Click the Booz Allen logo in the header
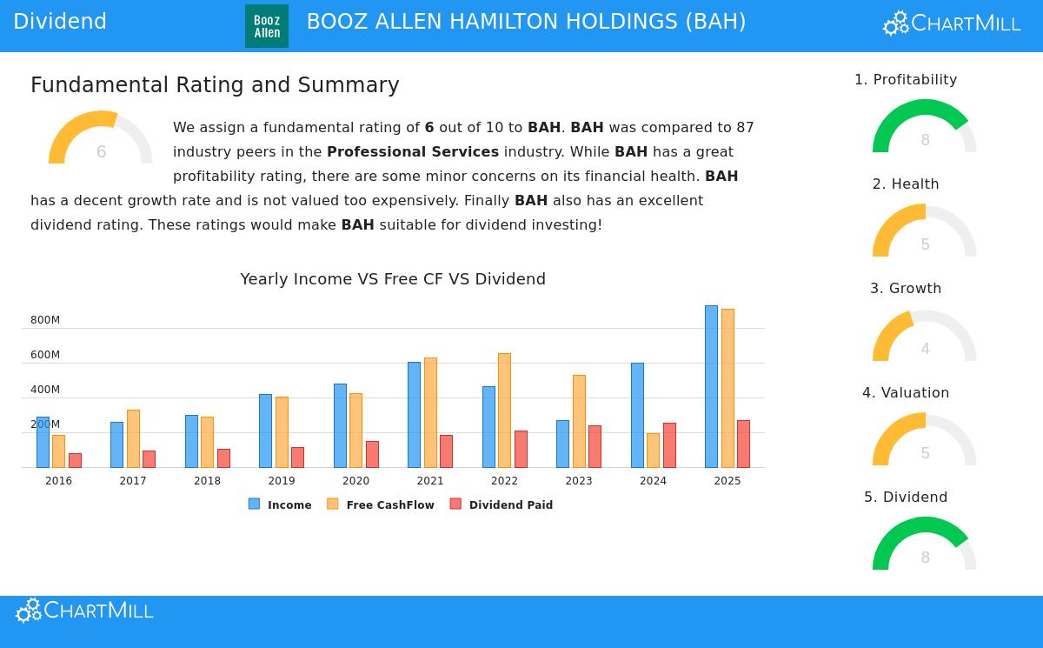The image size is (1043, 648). pyautogui.click(x=266, y=26)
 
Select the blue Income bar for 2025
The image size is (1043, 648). pyautogui.click(x=711, y=386)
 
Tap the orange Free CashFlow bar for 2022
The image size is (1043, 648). pyautogui.click(x=504, y=410)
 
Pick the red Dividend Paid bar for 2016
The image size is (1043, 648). pyautogui.click(x=75, y=460)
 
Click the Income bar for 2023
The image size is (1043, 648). pyautogui.click(x=562, y=444)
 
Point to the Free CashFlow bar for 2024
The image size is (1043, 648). pyautogui.click(x=653, y=450)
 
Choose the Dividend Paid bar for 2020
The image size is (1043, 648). pyautogui.click(x=372, y=454)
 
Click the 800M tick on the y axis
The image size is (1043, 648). pyautogui.click(x=45, y=320)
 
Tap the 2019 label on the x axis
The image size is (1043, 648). pyautogui.click(x=282, y=481)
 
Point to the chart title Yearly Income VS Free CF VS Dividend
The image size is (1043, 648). pyautogui.click(x=393, y=279)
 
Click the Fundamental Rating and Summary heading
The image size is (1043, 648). pyautogui.click(x=215, y=85)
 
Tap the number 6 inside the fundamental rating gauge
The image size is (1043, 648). pyautogui.click(x=101, y=152)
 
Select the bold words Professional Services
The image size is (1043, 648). pyautogui.click(x=413, y=151)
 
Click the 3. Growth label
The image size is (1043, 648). pyautogui.click(x=906, y=289)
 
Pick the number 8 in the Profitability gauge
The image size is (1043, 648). pyautogui.click(x=925, y=140)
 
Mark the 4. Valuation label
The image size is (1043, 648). pyautogui.click(x=906, y=393)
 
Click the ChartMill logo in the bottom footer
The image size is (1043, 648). pyautogui.click(x=84, y=611)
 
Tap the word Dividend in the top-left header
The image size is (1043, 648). pyautogui.click(x=60, y=22)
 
